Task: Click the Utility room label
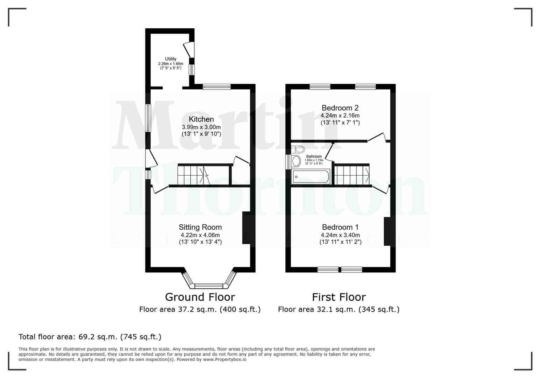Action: point(171,59)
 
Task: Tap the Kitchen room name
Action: point(201,119)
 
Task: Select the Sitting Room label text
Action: point(200,227)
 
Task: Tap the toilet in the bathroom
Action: point(299,149)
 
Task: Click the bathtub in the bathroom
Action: point(311,177)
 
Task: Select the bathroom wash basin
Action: point(296,161)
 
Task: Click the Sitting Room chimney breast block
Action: point(246,227)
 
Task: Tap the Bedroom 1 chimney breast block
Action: point(387,231)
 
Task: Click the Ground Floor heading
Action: point(200,297)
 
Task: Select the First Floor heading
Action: point(339,297)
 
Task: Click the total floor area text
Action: point(90,337)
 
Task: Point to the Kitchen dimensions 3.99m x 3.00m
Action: point(201,127)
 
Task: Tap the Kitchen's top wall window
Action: point(216,86)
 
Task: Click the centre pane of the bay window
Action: point(208,286)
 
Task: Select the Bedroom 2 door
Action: point(377,137)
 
